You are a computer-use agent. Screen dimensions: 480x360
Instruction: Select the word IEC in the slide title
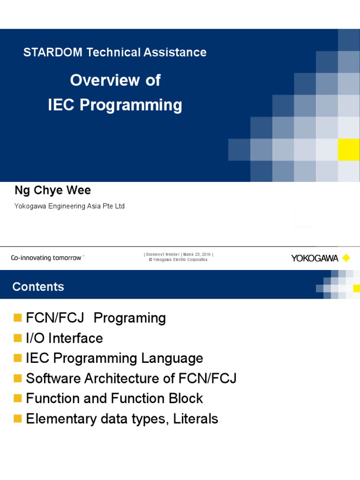pyautogui.click(x=62, y=105)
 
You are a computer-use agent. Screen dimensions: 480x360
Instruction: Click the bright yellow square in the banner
pyautogui.click(x=349, y=150)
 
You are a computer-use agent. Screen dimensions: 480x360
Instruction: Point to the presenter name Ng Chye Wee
pyautogui.click(x=53, y=190)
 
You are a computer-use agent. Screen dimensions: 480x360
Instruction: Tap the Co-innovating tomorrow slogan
pyautogui.click(x=46, y=258)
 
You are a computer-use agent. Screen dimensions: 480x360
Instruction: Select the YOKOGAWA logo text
pyautogui.click(x=315, y=258)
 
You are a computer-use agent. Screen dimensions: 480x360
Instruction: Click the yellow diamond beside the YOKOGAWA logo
pyautogui.click(x=346, y=258)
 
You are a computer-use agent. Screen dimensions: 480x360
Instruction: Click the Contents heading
pyautogui.click(x=38, y=286)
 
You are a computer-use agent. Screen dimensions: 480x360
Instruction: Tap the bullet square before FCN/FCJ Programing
pyautogui.click(x=18, y=318)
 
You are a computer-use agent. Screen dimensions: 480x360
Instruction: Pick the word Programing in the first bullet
pyautogui.click(x=130, y=318)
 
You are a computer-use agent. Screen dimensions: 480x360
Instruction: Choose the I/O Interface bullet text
pyautogui.click(x=65, y=338)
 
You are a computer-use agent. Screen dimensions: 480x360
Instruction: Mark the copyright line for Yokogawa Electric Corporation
pyautogui.click(x=179, y=260)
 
